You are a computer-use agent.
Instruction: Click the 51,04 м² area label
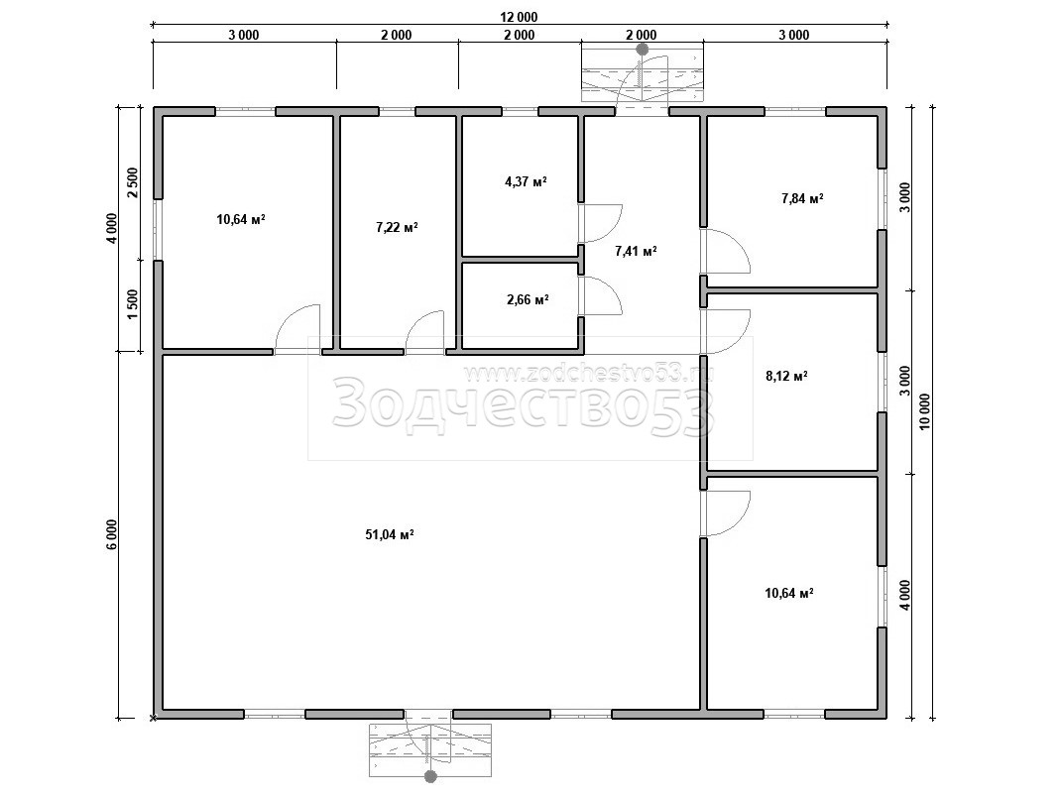390,535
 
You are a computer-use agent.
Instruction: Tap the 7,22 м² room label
397,228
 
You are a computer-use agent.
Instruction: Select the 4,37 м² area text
526,181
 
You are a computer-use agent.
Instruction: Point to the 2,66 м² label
528,299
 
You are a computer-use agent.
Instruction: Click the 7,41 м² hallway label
636,251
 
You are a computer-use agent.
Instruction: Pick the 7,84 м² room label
802,198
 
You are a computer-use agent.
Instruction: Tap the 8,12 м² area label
786,376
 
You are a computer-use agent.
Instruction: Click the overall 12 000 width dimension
519,18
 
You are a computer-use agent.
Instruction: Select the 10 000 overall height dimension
925,412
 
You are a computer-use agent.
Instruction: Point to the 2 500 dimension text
133,182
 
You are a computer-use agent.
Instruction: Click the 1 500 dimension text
133,304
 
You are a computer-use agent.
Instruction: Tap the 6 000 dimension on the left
112,535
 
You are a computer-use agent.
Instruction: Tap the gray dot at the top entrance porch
643,50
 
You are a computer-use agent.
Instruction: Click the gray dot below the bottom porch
429,777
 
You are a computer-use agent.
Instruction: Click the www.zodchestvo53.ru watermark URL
590,372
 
